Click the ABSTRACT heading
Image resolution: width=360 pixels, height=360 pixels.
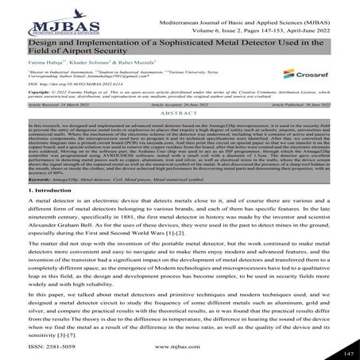[x=180, y=138]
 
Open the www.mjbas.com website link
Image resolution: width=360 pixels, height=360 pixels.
[x=180, y=347]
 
